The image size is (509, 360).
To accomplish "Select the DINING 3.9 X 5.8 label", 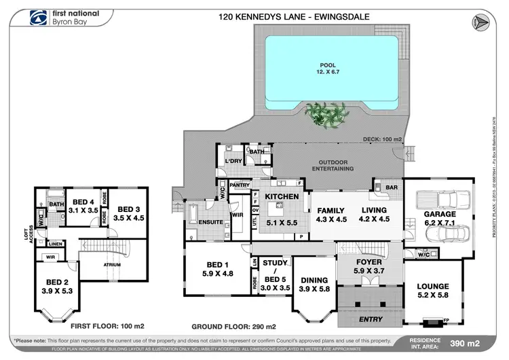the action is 314,284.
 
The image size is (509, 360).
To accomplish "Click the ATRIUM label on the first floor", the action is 112,265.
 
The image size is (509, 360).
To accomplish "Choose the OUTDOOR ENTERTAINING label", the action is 333,165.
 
